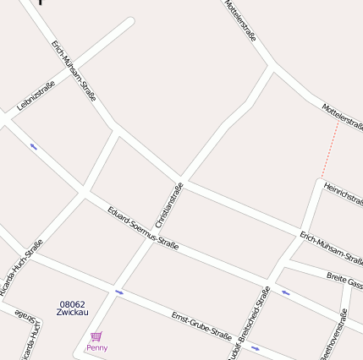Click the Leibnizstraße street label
[x=36, y=96]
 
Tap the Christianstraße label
[x=169, y=205]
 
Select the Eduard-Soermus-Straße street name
[x=143, y=227]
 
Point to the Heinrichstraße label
[x=343, y=194]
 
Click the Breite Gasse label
[x=344, y=280]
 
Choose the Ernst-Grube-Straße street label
[x=201, y=325]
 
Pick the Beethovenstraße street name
[x=337, y=334]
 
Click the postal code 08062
[x=72, y=304]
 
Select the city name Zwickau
[x=72, y=313]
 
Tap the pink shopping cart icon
[x=96, y=337]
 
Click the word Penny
[x=96, y=347]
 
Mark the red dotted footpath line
[x=330, y=149]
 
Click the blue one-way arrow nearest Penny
[x=119, y=292]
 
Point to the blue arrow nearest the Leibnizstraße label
[x=34, y=146]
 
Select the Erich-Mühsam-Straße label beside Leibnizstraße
[x=74, y=71]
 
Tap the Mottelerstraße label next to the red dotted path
[x=343, y=117]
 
